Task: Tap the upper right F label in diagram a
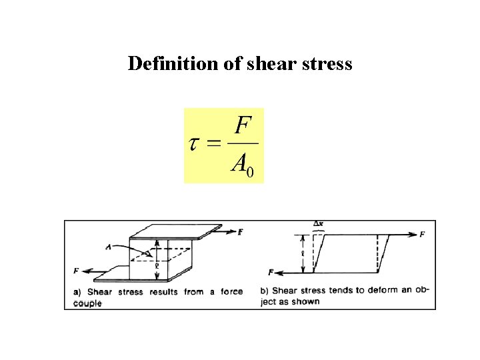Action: coord(240,231)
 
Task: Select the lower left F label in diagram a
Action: coord(76,271)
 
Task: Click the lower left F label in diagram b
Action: coord(271,272)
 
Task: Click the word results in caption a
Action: coord(163,291)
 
